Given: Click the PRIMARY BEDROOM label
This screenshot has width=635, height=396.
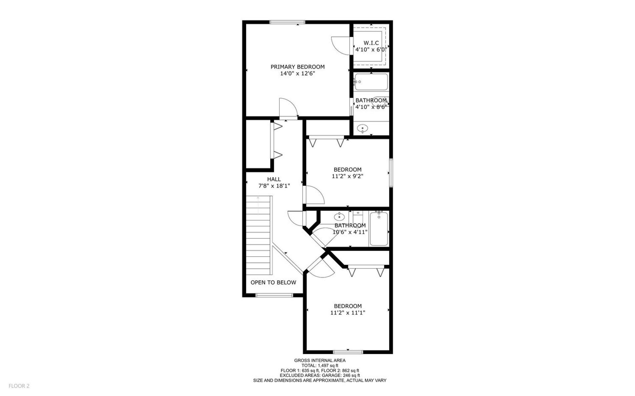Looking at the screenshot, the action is tap(297, 67).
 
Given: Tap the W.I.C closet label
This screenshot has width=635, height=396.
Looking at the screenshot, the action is tap(371, 43).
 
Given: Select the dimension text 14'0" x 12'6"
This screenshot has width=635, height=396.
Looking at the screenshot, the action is tap(297, 73).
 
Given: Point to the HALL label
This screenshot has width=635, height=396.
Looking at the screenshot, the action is tap(274, 179).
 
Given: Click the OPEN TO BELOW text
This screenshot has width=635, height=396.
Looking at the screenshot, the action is tap(273, 282).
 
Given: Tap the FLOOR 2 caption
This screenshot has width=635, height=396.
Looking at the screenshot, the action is tap(19, 386).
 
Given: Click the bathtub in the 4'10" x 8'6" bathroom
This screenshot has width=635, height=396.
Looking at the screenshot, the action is tap(371, 82).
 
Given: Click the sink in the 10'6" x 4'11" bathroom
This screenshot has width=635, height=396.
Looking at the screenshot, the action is tap(339, 217).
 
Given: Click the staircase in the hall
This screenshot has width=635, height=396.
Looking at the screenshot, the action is tap(259, 235).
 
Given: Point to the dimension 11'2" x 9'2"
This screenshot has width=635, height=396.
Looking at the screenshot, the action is tap(347, 176).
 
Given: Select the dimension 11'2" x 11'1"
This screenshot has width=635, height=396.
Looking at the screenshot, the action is tap(348, 313).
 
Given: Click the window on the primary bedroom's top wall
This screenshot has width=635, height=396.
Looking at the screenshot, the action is tap(287, 22).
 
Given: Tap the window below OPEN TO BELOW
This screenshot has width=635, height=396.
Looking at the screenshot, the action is tap(274, 295).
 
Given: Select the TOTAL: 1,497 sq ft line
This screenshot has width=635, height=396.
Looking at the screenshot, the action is tap(319, 366).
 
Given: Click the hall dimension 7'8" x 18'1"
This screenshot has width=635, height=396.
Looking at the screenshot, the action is tap(274, 186).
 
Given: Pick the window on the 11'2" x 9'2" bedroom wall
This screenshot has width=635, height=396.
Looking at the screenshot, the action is tap(391, 173).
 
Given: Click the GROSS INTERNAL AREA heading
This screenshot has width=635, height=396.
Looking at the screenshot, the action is tap(319, 361).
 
